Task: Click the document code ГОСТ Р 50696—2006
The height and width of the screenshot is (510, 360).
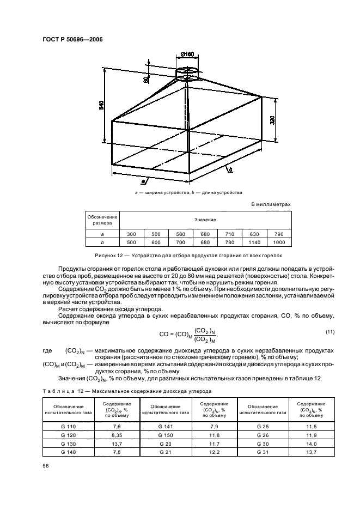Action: (72, 39)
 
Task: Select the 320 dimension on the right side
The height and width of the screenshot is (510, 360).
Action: (272, 120)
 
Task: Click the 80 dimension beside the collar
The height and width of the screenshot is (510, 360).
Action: (146, 80)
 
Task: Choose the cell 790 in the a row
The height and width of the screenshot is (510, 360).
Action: (279, 233)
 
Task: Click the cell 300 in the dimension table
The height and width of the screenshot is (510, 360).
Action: (131, 233)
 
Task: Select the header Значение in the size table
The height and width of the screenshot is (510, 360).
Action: (205, 220)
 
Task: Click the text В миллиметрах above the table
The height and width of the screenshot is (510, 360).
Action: (271, 204)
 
